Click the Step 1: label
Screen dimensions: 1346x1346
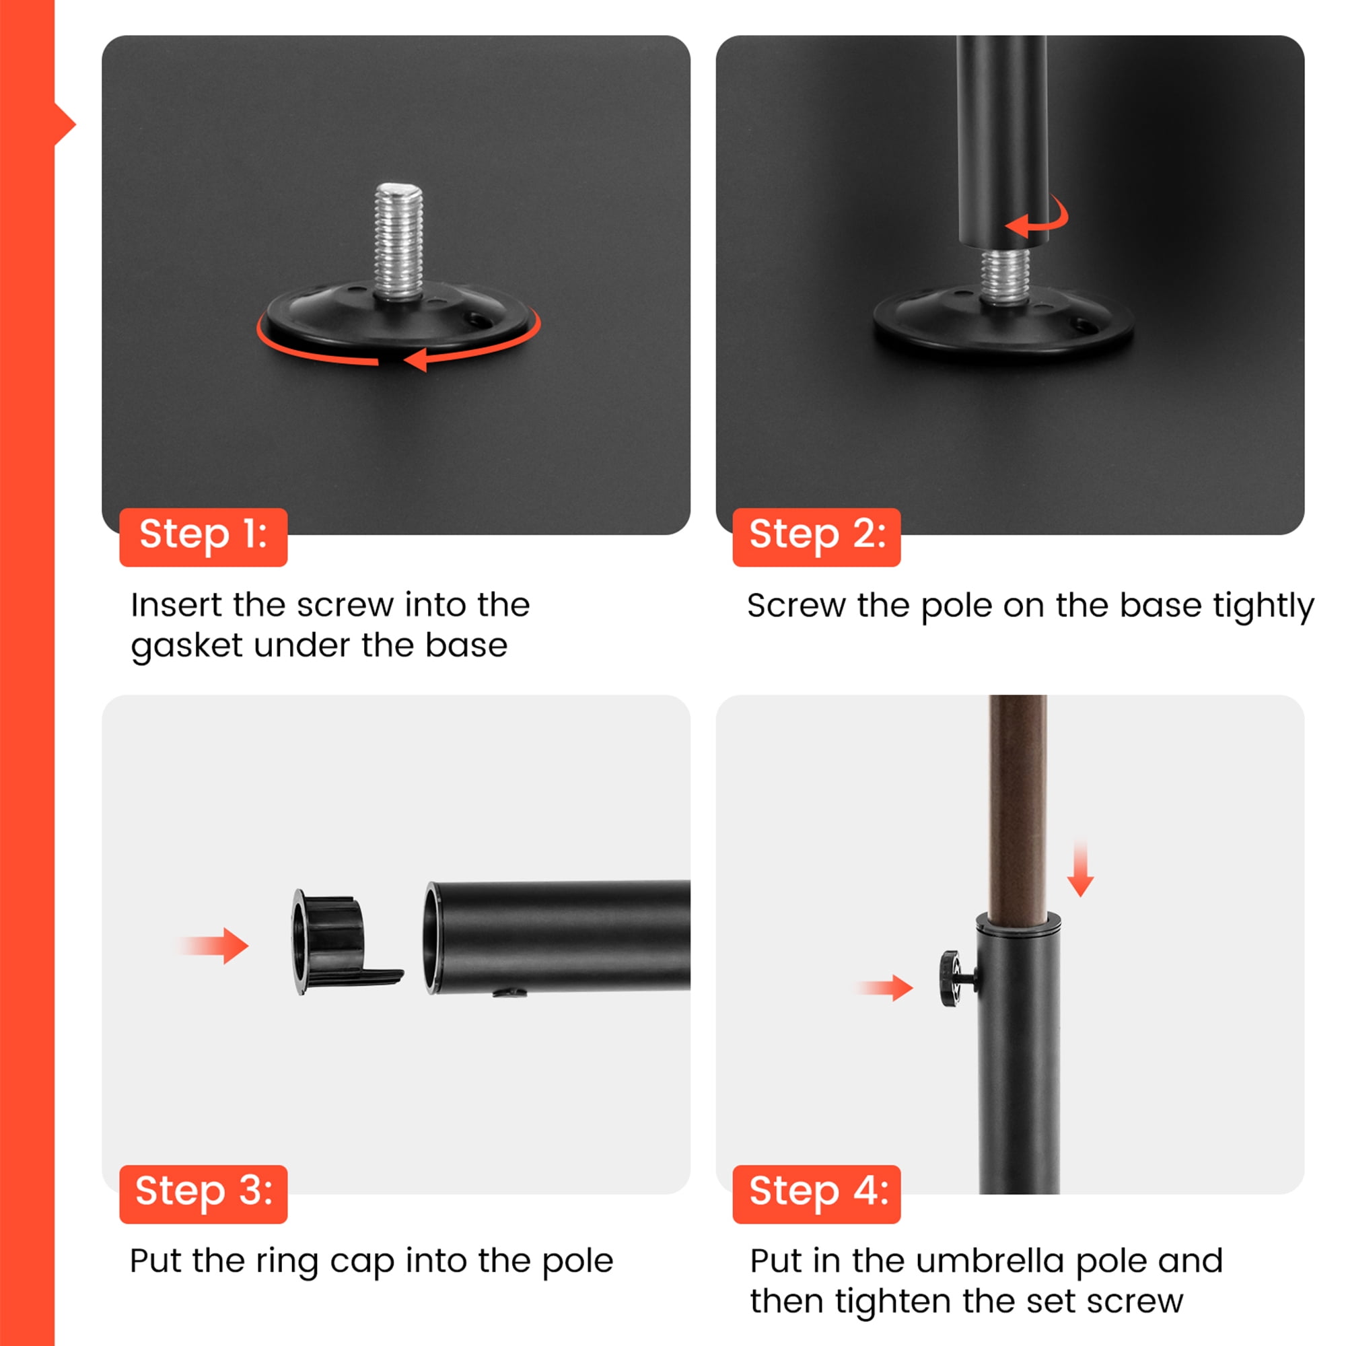203,537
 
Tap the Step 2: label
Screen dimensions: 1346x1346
816,537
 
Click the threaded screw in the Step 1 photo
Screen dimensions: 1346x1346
398,240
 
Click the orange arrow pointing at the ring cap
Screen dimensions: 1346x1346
213,946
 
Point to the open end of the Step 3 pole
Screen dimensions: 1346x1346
433,937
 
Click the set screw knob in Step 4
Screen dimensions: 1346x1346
956,978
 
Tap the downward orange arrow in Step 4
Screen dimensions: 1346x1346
1080,868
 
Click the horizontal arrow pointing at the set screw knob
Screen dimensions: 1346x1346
885,987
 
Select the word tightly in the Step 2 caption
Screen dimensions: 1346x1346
1263,606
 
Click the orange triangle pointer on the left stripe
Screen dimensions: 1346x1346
64,125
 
